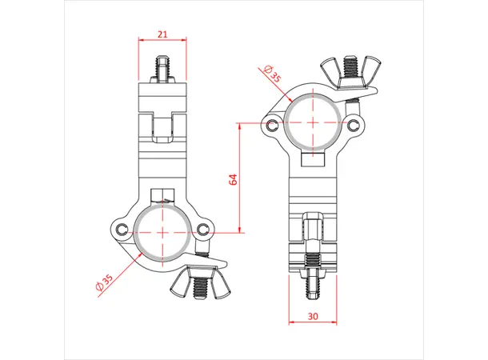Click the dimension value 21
point(162,34)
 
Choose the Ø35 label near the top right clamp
point(272,76)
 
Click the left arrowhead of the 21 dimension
point(141,41)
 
